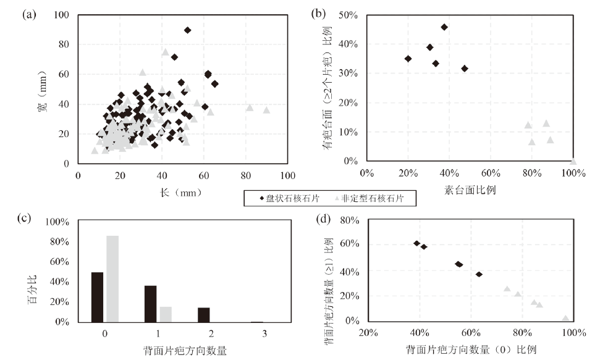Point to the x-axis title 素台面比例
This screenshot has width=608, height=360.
[470, 190]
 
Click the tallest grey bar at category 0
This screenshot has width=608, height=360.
[112, 278]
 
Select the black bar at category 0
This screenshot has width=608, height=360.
[97, 297]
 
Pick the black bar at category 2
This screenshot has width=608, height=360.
[203, 314]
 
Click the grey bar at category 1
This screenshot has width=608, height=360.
[165, 314]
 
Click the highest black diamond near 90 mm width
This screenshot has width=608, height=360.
[188, 30]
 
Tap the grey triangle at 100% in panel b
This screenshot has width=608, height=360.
[573, 161]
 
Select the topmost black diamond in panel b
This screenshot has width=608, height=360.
[444, 27]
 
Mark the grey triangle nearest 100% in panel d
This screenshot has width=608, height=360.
[565, 318]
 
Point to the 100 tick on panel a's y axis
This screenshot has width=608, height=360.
[64, 15]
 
